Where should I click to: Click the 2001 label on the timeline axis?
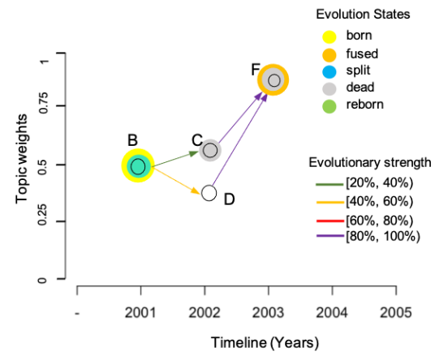click(x=140, y=312)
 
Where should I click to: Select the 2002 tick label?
click(x=205, y=312)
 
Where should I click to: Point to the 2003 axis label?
click(x=268, y=312)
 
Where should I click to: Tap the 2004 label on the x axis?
click(x=332, y=312)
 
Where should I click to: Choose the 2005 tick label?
click(x=395, y=312)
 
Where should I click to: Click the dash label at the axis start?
click(x=77, y=312)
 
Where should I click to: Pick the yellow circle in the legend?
click(x=330, y=37)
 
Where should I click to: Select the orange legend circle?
click(x=330, y=55)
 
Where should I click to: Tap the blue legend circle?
click(x=330, y=72)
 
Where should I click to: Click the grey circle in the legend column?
click(x=330, y=89)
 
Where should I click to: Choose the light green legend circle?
click(x=330, y=106)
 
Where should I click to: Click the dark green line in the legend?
click(x=330, y=185)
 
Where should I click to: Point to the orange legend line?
click(x=330, y=202)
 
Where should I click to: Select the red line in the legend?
click(x=330, y=221)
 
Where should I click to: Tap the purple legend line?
click(x=330, y=236)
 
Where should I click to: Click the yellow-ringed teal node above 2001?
click(x=138, y=165)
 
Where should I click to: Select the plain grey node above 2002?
click(x=210, y=150)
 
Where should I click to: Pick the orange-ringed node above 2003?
click(x=274, y=80)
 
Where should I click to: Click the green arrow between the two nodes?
click(x=174, y=158)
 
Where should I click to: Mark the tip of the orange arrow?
click(x=200, y=194)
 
